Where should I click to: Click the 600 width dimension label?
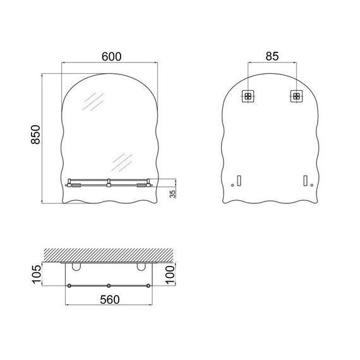pyautogui.click(x=112, y=57)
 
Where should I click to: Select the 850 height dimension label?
pyautogui.click(x=35, y=135)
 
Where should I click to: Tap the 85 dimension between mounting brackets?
pyautogui.click(x=272, y=56)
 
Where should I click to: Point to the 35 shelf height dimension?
pyautogui.click(x=172, y=194)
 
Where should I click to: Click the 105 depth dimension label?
pyautogui.click(x=36, y=274)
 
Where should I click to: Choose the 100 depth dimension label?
pyautogui.click(x=170, y=275)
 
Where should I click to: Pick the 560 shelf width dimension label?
pyautogui.click(x=110, y=299)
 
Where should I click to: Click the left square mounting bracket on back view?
pyautogui.click(x=248, y=96)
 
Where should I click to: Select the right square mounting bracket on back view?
pyautogui.click(x=296, y=96)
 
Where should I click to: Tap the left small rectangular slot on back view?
pyautogui.click(x=239, y=181)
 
